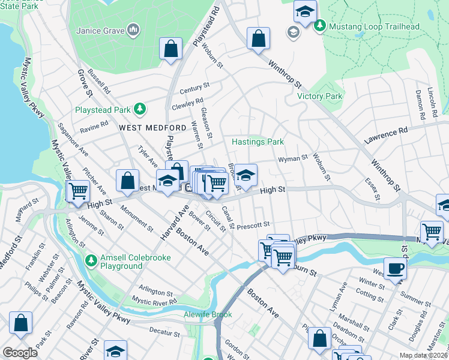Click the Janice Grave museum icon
click(134, 29)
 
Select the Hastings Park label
click(258, 142)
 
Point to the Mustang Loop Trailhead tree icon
click(320, 25)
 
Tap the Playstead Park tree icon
click(139, 108)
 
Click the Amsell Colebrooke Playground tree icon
click(91, 260)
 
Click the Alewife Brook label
click(207, 314)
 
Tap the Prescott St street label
click(254, 226)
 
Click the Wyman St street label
click(293, 158)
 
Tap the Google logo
click(20, 353)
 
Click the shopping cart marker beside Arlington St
click(77, 191)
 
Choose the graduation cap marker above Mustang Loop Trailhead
click(305, 11)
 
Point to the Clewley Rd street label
click(187, 103)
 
